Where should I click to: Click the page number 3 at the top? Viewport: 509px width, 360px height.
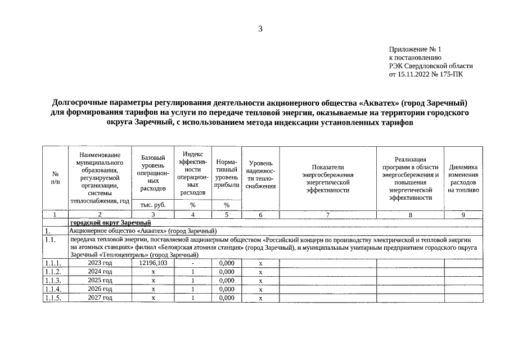[260, 29]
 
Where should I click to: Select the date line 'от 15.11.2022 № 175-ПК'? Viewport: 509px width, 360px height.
[426, 74]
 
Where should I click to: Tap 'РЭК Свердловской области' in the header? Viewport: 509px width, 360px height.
[431, 66]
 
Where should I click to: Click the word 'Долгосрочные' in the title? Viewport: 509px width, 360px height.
[84, 103]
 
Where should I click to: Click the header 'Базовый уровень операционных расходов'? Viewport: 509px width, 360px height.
[153, 173]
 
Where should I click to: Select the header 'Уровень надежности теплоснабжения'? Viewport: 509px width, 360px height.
[260, 174]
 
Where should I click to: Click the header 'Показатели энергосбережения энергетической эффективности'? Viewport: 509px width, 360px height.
[328, 178]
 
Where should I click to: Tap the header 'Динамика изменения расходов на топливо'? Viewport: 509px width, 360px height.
[463, 178]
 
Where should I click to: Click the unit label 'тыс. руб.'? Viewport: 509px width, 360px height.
[153, 205]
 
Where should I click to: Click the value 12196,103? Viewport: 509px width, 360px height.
[153, 263]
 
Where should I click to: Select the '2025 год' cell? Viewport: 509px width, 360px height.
[100, 280]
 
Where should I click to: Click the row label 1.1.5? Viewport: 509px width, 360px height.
[53, 298]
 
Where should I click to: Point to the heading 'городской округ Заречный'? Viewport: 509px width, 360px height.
[107, 223]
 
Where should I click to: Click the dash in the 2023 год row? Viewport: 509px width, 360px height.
[193, 263]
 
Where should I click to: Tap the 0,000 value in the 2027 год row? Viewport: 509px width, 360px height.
[227, 298]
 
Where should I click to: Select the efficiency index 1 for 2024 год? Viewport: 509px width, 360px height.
[193, 272]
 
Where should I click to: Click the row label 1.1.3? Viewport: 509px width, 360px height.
[53, 280]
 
